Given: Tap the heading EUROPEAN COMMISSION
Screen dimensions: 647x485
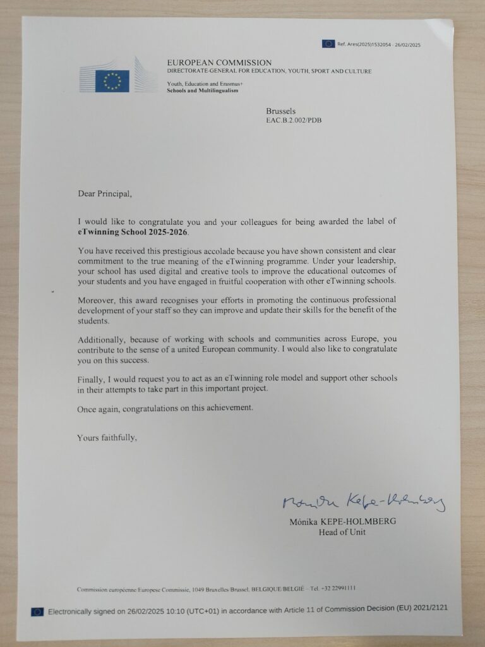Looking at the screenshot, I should coord(219,63).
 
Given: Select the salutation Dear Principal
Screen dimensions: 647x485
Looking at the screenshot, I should coord(105,193).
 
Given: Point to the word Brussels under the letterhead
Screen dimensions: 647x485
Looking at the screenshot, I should coord(280,111).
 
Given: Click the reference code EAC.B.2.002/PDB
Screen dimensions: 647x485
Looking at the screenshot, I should coord(298,120).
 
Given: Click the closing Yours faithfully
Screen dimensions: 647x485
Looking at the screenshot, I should coord(107,437).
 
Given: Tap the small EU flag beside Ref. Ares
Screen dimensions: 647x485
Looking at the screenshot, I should coord(328,44).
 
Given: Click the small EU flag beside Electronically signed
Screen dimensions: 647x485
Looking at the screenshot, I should coord(38,612).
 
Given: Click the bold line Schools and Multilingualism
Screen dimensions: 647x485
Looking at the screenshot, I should coord(203,91).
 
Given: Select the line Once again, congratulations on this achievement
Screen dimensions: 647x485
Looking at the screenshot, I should coord(165,408).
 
